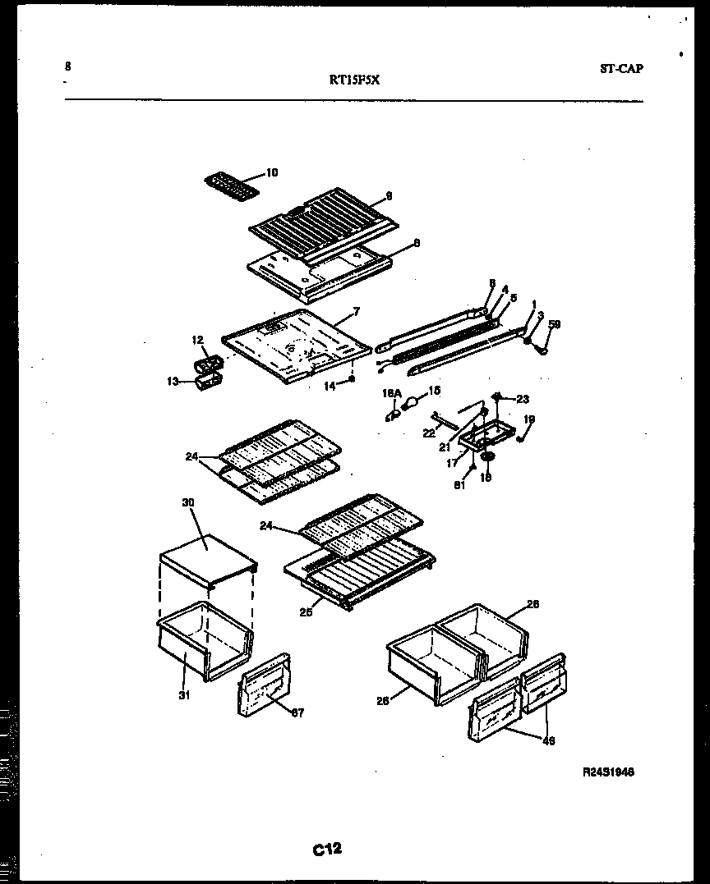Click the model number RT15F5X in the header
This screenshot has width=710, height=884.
[x=354, y=80]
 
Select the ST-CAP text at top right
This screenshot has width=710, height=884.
[x=621, y=69]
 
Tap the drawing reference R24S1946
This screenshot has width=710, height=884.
[x=608, y=772]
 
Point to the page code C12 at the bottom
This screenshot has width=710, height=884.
[x=326, y=849]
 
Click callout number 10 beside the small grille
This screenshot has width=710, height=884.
[x=272, y=172]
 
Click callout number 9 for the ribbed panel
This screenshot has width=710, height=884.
[x=389, y=196]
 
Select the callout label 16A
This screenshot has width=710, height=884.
[x=390, y=394]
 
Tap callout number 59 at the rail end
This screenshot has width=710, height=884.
[x=555, y=325]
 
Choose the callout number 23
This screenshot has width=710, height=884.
[x=523, y=400]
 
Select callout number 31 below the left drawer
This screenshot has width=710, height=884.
[x=184, y=696]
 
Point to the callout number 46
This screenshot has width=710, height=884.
[x=549, y=740]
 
